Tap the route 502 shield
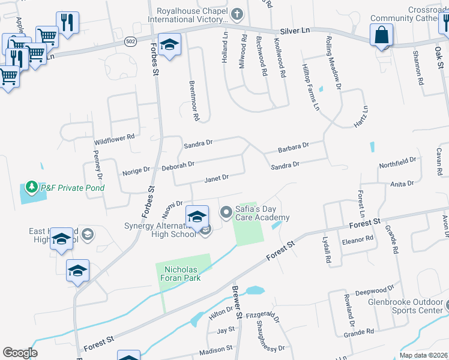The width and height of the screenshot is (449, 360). click(130, 42)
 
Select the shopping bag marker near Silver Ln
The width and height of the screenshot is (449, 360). click(381, 35)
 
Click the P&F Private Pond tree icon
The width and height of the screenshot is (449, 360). click(32, 187)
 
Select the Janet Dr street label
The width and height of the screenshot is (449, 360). click(217, 178)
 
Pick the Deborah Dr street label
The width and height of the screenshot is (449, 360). click(178, 164)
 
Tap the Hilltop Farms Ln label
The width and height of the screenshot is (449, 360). click(310, 88)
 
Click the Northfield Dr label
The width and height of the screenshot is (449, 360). click(397, 161)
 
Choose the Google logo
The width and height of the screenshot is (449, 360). click(20, 353)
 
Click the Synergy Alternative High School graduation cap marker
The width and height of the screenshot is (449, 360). click(197, 216)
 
